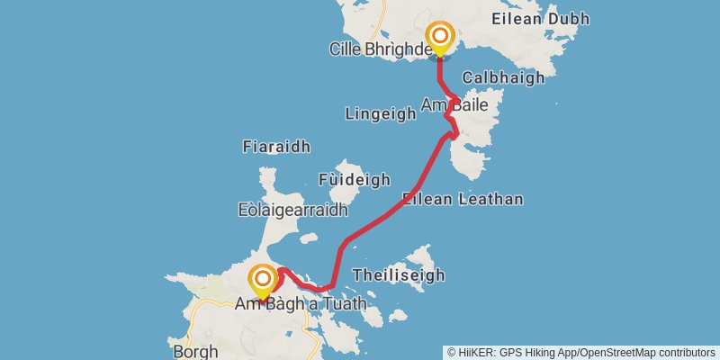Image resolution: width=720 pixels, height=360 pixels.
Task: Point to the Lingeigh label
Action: pyautogui.click(x=381, y=112)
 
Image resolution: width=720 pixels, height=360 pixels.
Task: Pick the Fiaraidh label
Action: pyautogui.click(x=276, y=146)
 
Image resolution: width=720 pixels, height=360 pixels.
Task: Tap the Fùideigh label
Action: pyautogui.click(x=355, y=179)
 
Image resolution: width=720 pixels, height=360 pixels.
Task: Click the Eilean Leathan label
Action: pyautogui.click(x=463, y=199)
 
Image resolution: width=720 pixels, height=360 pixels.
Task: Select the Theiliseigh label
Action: pyautogui.click(x=399, y=274)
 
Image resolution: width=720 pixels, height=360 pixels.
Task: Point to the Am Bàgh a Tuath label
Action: pyautogui.click(x=301, y=304)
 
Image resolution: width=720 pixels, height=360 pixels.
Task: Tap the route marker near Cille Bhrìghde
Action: pyautogui.click(x=440, y=38)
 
